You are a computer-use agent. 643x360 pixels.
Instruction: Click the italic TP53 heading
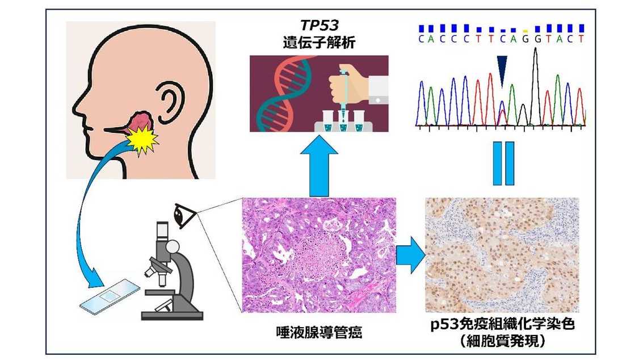pos(319,26)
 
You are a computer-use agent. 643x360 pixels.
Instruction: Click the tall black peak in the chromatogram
pos(535,85)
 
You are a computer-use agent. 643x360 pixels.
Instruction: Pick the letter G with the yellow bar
pos(526,39)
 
